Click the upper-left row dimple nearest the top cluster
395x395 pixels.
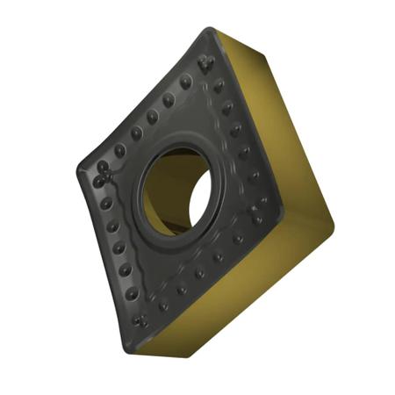coord(185,83)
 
